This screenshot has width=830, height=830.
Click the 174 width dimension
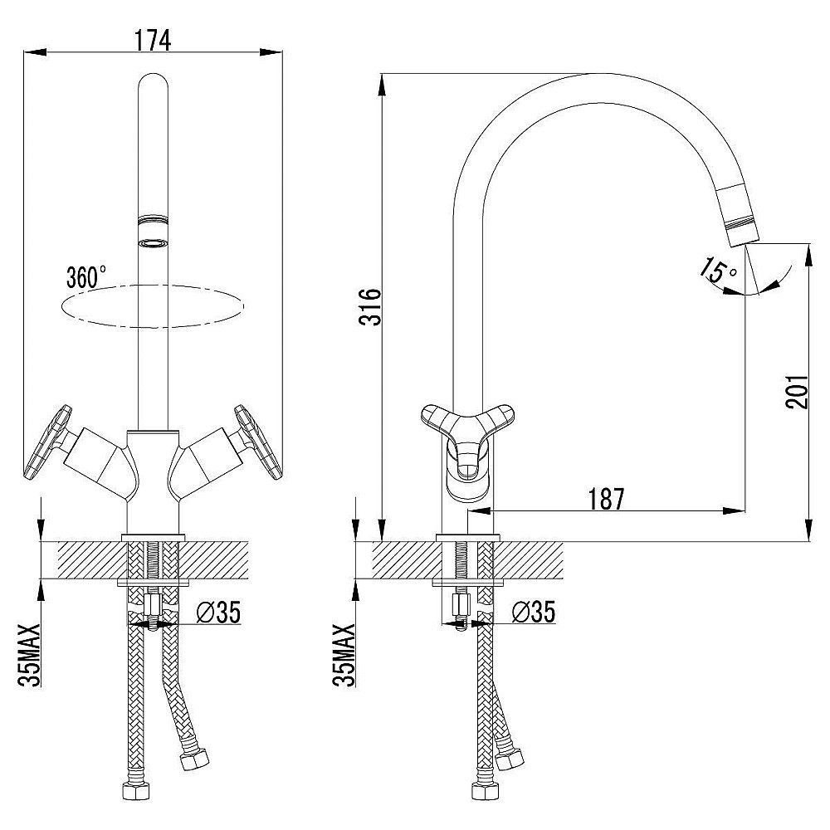pyautogui.click(x=153, y=40)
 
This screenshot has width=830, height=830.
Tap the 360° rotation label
pyautogui.click(x=85, y=277)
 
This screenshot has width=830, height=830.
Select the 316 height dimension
pyautogui.click(x=370, y=307)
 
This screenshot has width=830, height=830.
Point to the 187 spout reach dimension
pyautogui.click(x=606, y=498)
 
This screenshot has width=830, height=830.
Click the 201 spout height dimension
pyautogui.click(x=797, y=392)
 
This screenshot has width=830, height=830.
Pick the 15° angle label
pyautogui.click(x=718, y=270)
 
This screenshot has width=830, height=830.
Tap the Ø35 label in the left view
pyautogui.click(x=218, y=613)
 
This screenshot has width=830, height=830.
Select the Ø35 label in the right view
pyautogui.click(x=534, y=612)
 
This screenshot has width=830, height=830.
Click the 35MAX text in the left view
pyautogui.click(x=30, y=655)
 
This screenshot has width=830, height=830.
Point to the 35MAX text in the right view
pyautogui.click(x=344, y=655)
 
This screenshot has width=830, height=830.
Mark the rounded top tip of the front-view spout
pyautogui.click(x=153, y=75)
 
